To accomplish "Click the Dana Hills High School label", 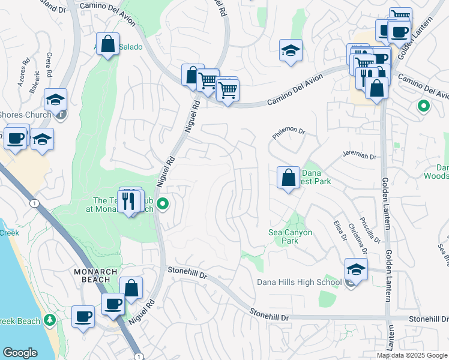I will click(x=299, y=282).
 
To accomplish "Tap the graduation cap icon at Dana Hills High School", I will click(x=356, y=271).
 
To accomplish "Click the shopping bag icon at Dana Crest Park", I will click(x=288, y=178).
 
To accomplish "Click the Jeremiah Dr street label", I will click(x=359, y=156).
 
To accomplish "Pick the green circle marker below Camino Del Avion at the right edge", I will click(x=423, y=107).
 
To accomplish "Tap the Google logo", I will click(x=20, y=353).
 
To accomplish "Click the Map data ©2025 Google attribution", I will click(x=411, y=355).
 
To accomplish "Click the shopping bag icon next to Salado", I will click(x=108, y=44).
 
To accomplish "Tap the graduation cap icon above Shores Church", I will click(x=55, y=100).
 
